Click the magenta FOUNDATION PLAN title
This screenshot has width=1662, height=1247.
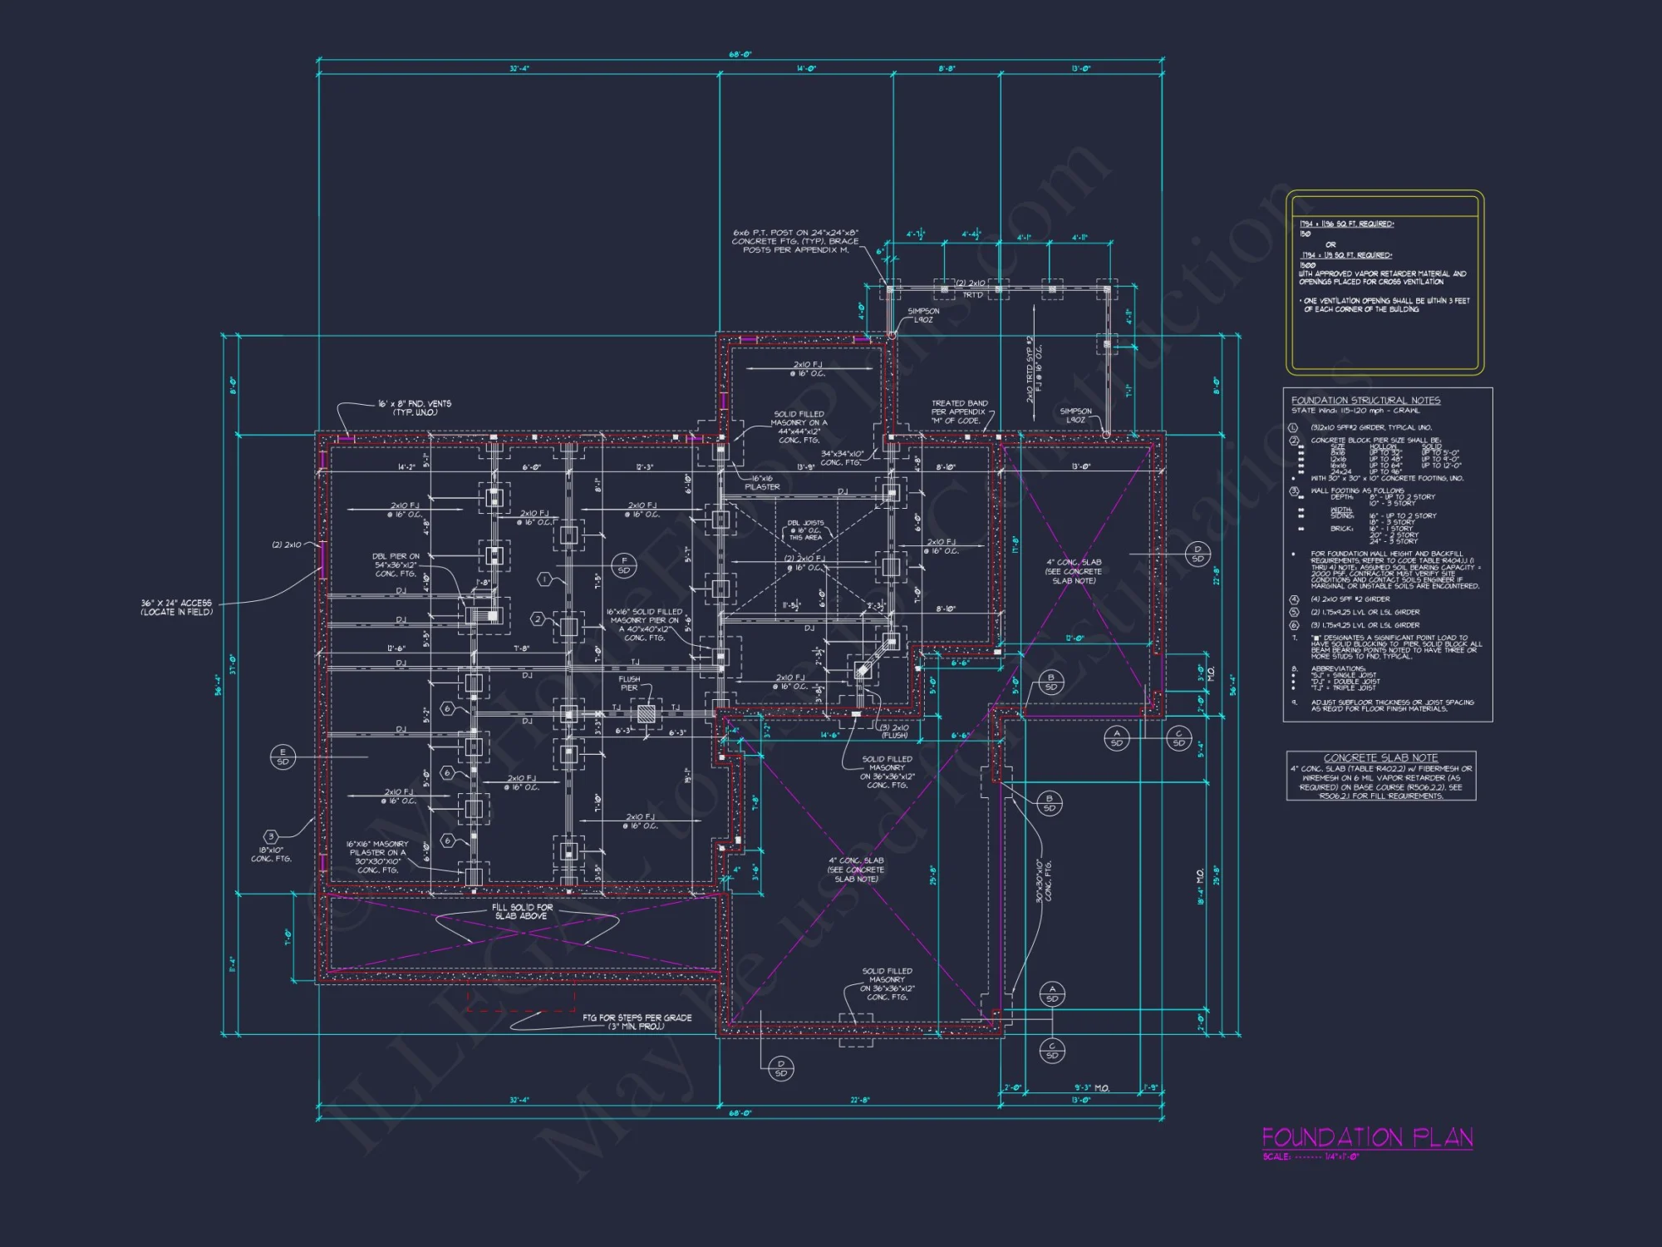coord(1367,1137)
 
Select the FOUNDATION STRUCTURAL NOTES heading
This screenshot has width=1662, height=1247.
coord(1365,401)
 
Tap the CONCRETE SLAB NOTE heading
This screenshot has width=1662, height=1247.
coord(1380,758)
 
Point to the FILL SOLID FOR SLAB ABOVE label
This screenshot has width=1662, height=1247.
coord(521,912)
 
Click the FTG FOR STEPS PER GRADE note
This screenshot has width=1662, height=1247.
coord(637,1022)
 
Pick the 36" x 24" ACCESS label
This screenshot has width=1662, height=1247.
coord(176,608)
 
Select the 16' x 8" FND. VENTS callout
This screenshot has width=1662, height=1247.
coord(415,407)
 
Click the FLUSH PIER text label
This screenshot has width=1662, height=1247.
coord(629,683)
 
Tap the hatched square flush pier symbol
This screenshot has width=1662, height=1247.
coord(646,713)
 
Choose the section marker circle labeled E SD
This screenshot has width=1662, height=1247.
coord(283,757)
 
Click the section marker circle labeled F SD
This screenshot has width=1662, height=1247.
coord(624,565)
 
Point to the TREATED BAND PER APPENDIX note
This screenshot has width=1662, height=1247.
coord(959,412)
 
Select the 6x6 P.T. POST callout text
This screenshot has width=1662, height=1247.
coord(795,241)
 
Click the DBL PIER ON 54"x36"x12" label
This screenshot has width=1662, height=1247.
coord(396,565)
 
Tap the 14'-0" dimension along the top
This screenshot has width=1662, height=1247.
coord(804,69)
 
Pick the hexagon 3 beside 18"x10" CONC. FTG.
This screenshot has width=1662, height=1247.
coord(271,836)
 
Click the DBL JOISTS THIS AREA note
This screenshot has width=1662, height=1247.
coord(805,530)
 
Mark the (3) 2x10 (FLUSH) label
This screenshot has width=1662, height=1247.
coord(894,732)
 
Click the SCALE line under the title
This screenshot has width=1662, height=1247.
coord(1310,1157)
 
